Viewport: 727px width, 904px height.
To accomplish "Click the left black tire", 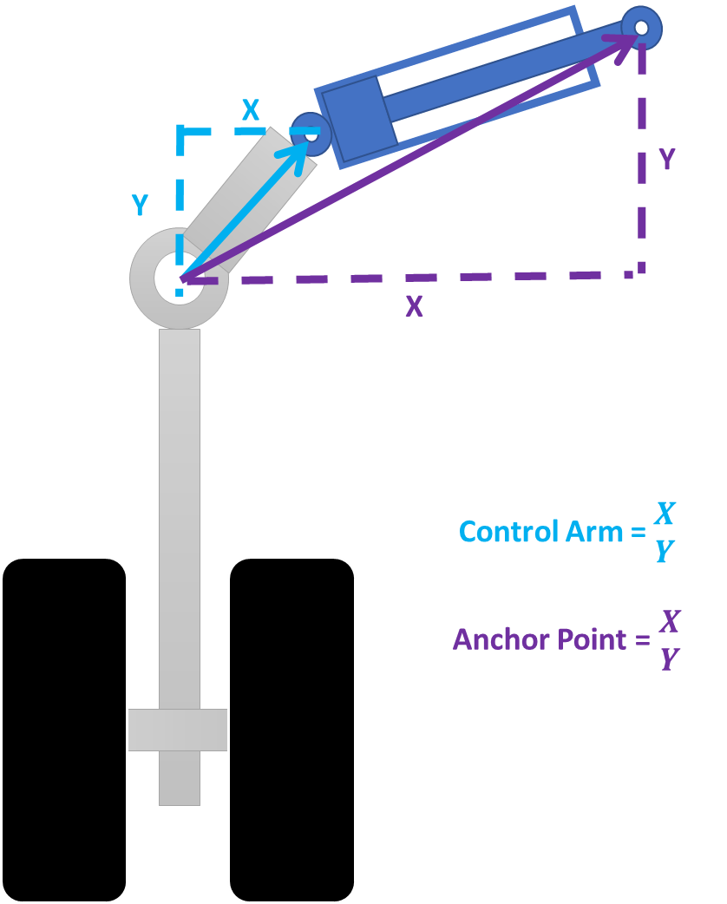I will pos(64,729).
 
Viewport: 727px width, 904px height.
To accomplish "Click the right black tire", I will pos(291,729).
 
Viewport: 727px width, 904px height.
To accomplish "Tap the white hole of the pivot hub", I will pos(180,278).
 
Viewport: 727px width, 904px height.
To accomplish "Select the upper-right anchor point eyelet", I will pos(642,27).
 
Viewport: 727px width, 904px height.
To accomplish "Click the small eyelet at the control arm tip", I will pos(311,134).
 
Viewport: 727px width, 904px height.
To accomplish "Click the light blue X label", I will pos(250,110).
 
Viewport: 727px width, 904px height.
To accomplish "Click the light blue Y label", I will pos(139,205).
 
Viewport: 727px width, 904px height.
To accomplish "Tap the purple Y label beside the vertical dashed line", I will pos(666,160).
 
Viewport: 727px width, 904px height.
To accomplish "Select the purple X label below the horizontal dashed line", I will pos(414,306).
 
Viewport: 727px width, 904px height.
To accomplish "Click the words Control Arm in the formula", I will pos(540,531).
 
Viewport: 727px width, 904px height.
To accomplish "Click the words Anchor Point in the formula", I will pos(539,639).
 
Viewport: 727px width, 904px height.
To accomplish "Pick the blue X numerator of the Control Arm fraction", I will pos(665,514).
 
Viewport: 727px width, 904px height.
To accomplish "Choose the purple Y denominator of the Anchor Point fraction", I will pos(669,659).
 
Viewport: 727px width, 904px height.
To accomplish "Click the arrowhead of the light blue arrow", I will pos(295,148).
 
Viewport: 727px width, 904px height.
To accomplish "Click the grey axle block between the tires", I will pos(178,730).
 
